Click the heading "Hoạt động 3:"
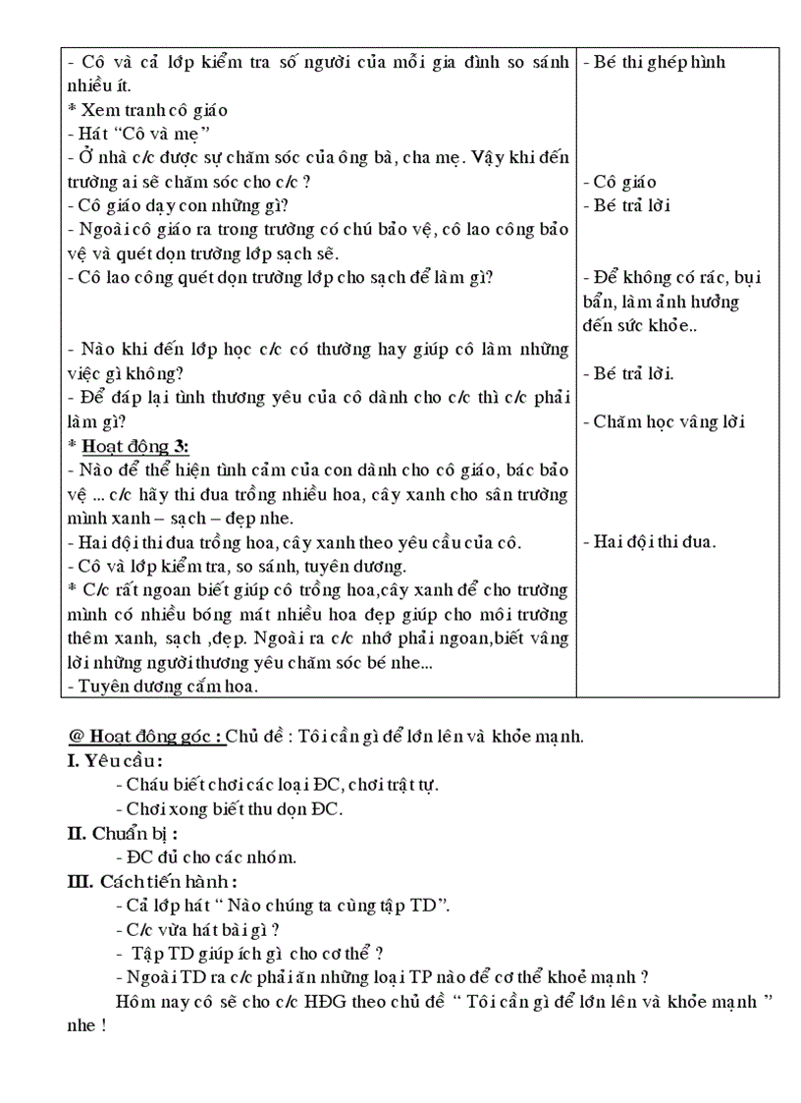tap(133, 446)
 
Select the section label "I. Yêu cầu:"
tap(115, 760)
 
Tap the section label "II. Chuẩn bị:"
tap(122, 833)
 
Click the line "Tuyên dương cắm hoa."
tap(163, 686)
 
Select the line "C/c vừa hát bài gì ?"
tap(198, 929)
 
